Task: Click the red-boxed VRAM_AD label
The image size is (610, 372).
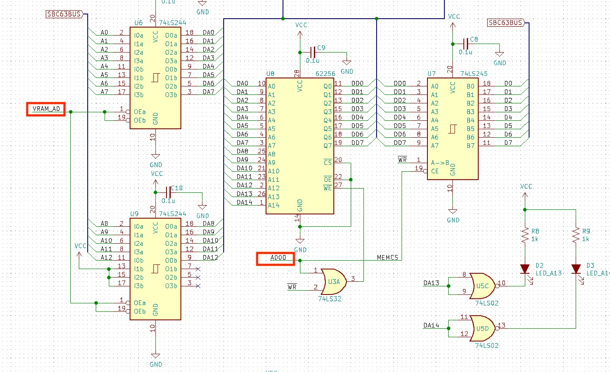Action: (x=46, y=109)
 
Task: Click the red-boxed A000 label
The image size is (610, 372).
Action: (x=275, y=259)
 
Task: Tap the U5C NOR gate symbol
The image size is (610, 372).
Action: (x=483, y=286)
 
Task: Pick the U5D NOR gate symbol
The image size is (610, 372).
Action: (x=483, y=328)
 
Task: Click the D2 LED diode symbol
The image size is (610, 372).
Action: (x=525, y=269)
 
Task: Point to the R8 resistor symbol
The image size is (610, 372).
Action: (x=525, y=235)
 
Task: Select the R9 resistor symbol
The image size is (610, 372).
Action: (x=576, y=235)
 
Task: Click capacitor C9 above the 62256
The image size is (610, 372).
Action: (x=313, y=52)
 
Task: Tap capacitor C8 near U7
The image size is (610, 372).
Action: (x=466, y=44)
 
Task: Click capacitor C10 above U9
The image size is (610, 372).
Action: (x=169, y=192)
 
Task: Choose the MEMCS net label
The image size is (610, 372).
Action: (x=388, y=257)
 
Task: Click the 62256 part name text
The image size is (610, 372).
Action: (x=325, y=74)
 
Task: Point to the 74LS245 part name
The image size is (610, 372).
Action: (x=474, y=74)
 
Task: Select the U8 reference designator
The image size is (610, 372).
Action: (x=270, y=74)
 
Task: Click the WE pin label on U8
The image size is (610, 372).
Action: (x=327, y=188)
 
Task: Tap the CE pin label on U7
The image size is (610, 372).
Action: (x=435, y=171)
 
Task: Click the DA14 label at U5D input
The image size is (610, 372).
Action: (x=431, y=325)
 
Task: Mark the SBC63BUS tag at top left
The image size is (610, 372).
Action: (x=64, y=14)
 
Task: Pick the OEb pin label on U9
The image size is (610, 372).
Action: (x=140, y=311)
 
